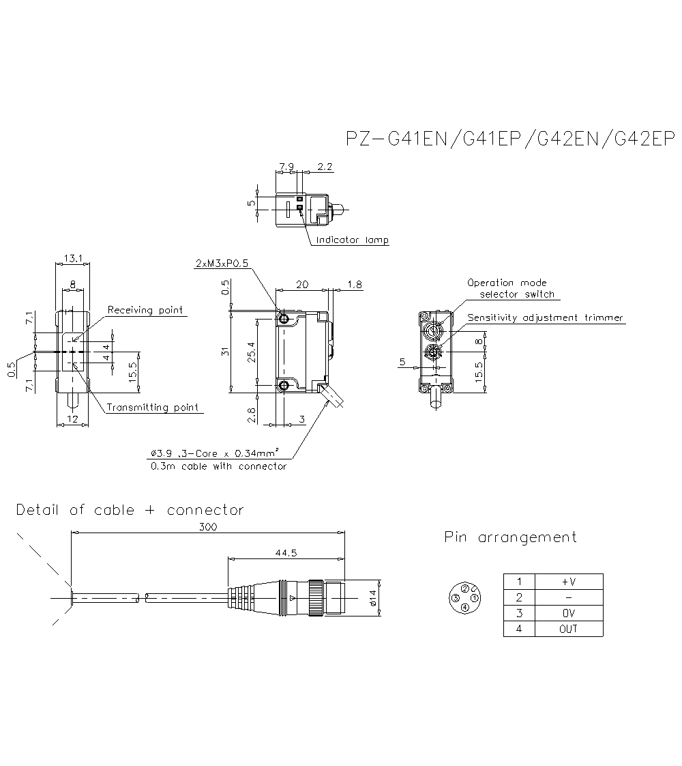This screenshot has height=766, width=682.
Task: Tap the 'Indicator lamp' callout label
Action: tap(352, 240)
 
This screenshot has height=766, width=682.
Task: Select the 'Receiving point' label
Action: tap(145, 310)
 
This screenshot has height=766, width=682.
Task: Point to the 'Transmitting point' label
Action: tap(153, 408)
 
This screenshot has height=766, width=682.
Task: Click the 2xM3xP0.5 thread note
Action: tap(222, 264)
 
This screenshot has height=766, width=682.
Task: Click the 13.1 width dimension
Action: tap(72, 258)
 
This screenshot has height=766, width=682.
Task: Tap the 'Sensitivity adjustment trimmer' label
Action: tap(545, 317)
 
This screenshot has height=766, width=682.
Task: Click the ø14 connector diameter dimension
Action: tap(372, 598)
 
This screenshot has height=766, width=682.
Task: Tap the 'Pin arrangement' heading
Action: tap(510, 537)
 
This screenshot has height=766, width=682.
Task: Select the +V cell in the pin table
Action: tap(569, 582)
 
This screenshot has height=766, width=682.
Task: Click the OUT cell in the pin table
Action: tap(569, 629)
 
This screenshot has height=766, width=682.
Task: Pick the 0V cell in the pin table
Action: tap(569, 613)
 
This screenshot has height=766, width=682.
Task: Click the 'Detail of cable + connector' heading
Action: tap(130, 510)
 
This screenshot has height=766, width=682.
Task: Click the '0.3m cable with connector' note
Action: tap(218, 466)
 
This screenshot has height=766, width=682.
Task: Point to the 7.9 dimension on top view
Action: tap(287, 167)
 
